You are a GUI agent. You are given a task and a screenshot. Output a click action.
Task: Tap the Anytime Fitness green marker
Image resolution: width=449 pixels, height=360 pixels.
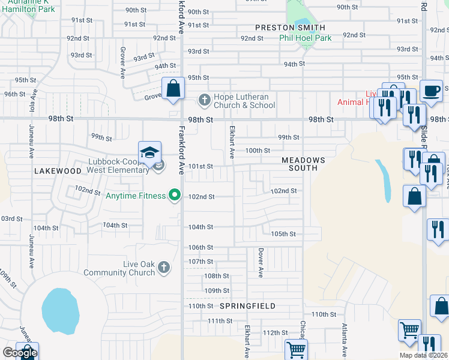(x=175, y=195)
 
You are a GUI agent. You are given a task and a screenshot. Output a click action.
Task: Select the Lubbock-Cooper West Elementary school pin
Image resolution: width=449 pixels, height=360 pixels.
(x=149, y=153)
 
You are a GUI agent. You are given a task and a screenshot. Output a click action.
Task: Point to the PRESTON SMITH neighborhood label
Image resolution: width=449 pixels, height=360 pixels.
(x=290, y=28)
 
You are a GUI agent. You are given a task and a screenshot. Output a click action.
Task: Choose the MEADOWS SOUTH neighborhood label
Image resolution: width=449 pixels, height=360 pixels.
(x=304, y=164)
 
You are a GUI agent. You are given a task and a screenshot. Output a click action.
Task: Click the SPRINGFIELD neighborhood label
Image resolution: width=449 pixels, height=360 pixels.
(x=247, y=306)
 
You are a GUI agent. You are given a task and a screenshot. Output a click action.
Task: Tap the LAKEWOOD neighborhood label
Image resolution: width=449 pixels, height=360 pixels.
(x=58, y=171)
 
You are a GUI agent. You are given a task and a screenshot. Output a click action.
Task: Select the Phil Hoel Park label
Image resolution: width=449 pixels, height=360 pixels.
(x=305, y=38)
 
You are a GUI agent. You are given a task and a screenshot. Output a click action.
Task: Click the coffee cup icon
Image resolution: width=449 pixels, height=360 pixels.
(x=431, y=91)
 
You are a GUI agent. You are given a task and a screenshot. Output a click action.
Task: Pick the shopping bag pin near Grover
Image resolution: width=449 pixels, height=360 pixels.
(x=173, y=89)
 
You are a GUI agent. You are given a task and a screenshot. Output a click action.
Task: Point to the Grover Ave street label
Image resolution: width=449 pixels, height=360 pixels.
(x=122, y=59)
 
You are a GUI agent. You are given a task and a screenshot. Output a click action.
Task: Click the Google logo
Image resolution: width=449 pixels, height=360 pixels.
(x=19, y=353)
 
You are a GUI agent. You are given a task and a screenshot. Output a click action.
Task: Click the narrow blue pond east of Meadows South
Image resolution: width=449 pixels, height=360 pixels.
(x=384, y=180)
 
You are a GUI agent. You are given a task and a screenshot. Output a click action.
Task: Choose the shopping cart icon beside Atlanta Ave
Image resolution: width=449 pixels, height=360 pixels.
(x=409, y=330)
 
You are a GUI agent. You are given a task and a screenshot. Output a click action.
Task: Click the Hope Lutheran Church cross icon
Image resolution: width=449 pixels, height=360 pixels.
(x=204, y=100)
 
